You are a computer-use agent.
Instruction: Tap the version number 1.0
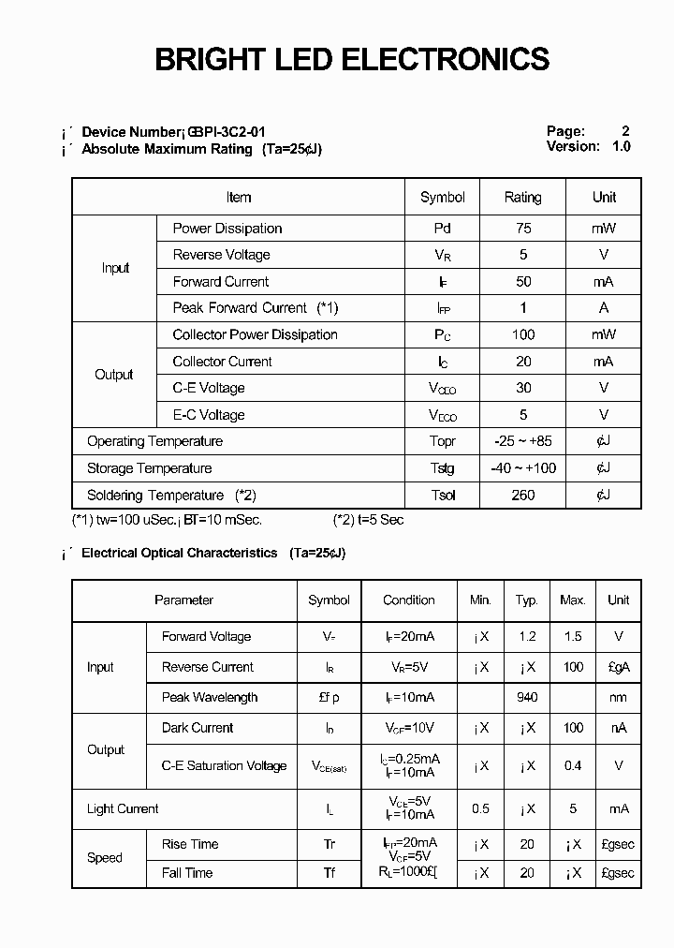(x=622, y=147)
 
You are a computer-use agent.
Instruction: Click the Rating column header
(x=522, y=198)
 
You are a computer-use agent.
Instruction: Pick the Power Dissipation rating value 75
(x=522, y=229)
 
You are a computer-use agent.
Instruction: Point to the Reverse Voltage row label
(x=221, y=255)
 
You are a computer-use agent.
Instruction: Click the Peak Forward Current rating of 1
(x=522, y=308)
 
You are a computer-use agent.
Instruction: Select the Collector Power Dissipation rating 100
(x=522, y=335)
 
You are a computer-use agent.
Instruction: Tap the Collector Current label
(x=222, y=362)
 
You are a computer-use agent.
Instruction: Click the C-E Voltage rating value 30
(x=522, y=388)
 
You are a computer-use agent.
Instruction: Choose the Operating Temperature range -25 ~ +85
(x=522, y=442)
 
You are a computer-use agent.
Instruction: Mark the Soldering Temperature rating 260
(x=522, y=496)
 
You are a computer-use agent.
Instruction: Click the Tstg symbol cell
(x=443, y=468)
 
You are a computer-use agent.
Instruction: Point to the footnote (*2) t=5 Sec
(x=369, y=520)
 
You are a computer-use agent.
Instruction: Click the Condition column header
(x=409, y=600)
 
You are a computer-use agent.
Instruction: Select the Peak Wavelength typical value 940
(x=527, y=698)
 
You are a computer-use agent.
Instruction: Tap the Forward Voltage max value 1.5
(x=573, y=637)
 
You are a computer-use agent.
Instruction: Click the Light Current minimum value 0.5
(x=480, y=809)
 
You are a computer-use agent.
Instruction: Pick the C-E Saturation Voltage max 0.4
(x=573, y=766)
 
